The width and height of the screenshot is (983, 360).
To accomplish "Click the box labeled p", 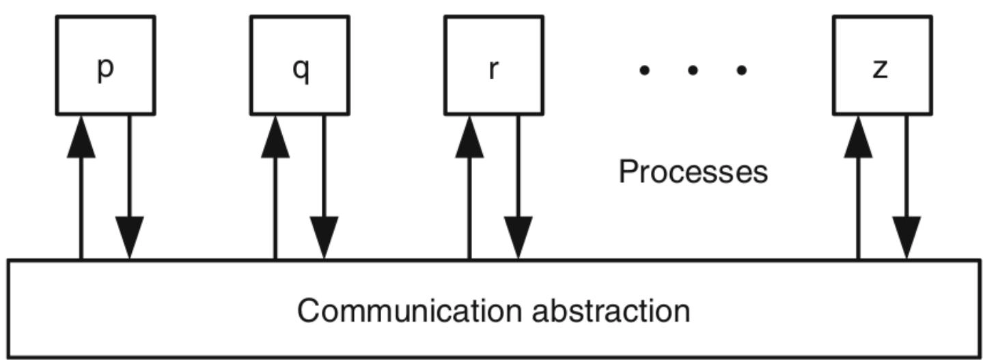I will pos(105,64).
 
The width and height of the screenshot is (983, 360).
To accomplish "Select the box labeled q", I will pos(300,64).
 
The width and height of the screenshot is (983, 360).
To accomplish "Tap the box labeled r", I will pos(494,64).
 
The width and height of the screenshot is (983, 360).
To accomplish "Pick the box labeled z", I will pos(882,64).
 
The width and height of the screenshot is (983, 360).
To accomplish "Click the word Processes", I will pos(693,171).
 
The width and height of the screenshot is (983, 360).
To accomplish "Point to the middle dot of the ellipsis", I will pos(693,70).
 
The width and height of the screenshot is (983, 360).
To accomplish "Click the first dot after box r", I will pos(643,70).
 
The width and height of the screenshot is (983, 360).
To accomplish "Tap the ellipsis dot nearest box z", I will pos(742,70).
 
